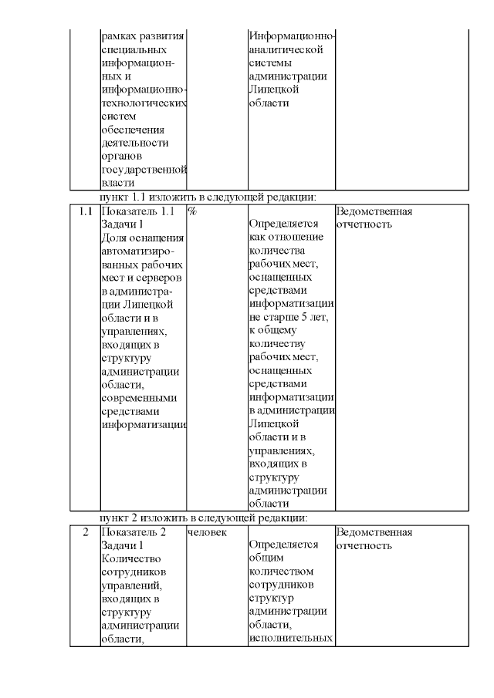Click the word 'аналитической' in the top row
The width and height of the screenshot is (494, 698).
(x=286, y=50)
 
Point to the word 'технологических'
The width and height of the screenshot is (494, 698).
(x=144, y=103)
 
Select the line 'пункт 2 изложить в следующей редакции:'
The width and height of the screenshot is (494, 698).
(x=205, y=518)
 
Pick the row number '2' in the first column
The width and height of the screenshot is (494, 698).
(x=85, y=532)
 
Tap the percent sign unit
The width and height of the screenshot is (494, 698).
(x=191, y=211)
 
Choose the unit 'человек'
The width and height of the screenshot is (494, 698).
(x=207, y=532)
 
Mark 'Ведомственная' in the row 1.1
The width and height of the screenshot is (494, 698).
(x=374, y=211)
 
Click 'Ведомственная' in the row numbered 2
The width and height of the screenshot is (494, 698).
(x=374, y=532)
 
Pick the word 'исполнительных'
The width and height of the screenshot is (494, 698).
(x=291, y=639)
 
